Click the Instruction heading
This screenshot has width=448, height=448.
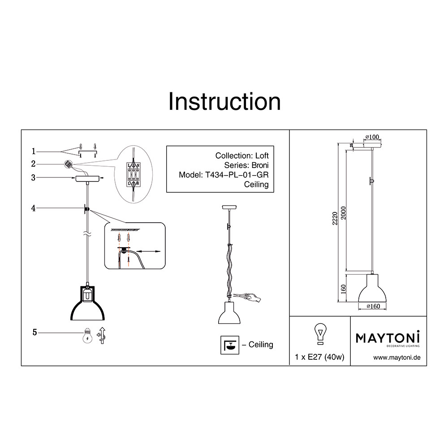(224, 102)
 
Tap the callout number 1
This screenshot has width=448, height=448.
(34, 151)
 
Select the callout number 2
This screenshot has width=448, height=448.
(34, 164)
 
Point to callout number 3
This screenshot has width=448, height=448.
(34, 178)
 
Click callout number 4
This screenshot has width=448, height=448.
(34, 208)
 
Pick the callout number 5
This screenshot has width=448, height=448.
(34, 332)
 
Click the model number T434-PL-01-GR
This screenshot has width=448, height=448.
(237, 175)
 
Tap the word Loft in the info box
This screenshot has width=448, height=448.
(262, 156)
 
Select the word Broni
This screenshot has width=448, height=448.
(260, 165)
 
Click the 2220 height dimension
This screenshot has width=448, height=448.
(335, 219)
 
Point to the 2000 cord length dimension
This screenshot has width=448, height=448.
(344, 213)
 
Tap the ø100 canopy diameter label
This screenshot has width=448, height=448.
(372, 137)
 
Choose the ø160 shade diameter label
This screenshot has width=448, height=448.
(373, 306)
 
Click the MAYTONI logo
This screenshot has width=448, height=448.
(388, 338)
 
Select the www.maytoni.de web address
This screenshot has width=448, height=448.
(397, 358)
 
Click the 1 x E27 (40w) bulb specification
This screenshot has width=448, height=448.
(320, 357)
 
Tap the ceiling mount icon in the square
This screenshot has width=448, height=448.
(230, 345)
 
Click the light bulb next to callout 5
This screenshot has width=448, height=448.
(87, 336)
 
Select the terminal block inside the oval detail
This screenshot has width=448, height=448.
(134, 174)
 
